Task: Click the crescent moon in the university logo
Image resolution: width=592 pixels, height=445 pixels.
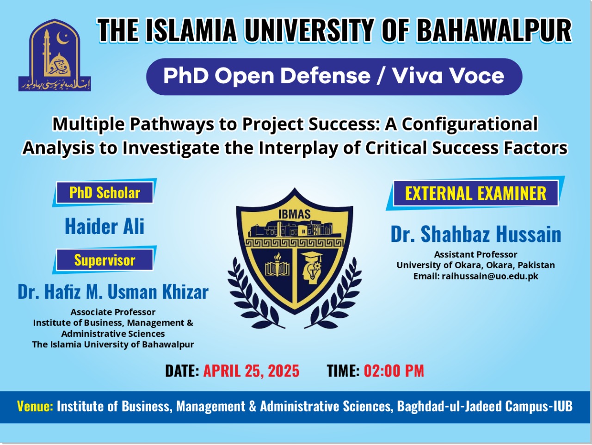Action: [61, 39]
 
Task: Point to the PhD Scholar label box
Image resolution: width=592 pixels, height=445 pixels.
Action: [105, 192]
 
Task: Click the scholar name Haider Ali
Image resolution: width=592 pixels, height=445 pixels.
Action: [105, 226]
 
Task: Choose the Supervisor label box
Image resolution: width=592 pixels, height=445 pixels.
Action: [105, 260]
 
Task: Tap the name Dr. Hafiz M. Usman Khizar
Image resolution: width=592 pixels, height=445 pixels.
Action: [113, 291]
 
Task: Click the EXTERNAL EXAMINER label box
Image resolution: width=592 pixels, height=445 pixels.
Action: [475, 193]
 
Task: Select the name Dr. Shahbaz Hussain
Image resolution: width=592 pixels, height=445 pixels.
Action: [476, 234]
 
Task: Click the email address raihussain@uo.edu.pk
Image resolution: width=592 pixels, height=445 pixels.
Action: [490, 276]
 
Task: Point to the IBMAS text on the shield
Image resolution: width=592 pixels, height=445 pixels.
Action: [295, 215]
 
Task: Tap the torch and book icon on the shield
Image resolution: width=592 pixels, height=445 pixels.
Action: [277, 265]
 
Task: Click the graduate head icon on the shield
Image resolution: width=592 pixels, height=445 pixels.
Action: [311, 267]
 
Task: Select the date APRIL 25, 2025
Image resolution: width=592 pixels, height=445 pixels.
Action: [251, 371]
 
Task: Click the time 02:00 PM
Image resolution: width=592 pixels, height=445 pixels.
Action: [394, 371]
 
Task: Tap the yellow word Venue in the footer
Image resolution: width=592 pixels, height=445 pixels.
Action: [35, 406]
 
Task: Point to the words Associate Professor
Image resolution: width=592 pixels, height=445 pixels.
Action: [113, 312]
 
